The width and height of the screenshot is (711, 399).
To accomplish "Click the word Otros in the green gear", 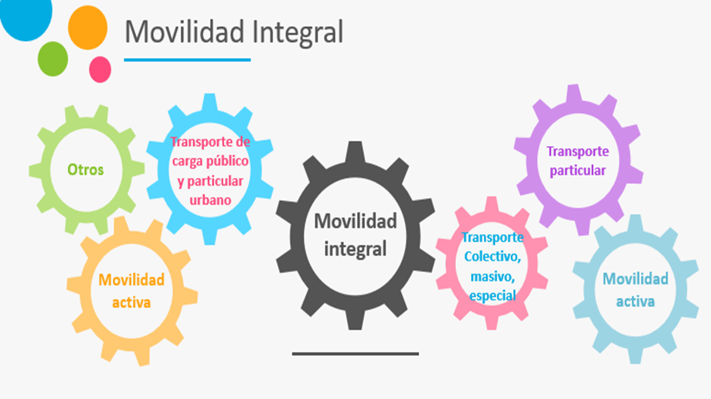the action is point(85,170).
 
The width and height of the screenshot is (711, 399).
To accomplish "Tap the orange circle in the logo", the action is point(87,28).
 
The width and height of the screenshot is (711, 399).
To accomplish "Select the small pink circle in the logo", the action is point(100,70).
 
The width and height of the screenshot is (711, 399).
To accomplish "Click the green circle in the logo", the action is point(53,59).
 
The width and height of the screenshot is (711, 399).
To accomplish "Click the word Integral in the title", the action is point(298,32).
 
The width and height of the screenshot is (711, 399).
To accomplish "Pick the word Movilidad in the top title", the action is point(184,32).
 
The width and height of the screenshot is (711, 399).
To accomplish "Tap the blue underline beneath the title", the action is point(187,60).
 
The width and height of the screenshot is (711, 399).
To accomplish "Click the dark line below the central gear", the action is point(355,353).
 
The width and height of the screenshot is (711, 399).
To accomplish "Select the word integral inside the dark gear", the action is point(355,249).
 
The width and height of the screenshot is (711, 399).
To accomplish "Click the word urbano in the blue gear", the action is point(210,200).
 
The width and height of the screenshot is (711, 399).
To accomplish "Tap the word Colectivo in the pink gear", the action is point(492,257).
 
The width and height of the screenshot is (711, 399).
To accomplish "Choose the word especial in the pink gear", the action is point(492,296).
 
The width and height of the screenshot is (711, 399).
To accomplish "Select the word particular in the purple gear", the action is point(578,171).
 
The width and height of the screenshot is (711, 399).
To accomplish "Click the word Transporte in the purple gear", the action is point(578,151).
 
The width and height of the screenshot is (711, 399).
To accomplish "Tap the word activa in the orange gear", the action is point(131,303).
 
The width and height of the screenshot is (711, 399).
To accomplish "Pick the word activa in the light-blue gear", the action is point(635,302).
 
